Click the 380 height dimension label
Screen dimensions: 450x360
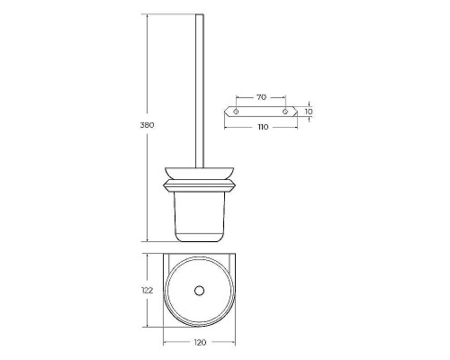pyautogui.click(x=147, y=125)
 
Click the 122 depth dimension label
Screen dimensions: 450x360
pyautogui.click(x=147, y=291)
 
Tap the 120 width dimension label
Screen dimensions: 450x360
pyautogui.click(x=200, y=342)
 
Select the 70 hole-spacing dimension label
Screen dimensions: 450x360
pyautogui.click(x=261, y=97)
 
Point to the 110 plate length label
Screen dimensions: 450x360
pyautogui.click(x=263, y=127)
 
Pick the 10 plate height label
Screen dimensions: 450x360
pyautogui.click(x=309, y=112)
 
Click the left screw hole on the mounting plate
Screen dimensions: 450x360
pyautogui.click(x=236, y=112)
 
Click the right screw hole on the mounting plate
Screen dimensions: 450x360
pyautogui.click(x=285, y=112)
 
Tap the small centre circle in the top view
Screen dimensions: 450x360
pyautogui.click(x=199, y=291)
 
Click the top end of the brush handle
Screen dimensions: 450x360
pyautogui.click(x=200, y=14)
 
